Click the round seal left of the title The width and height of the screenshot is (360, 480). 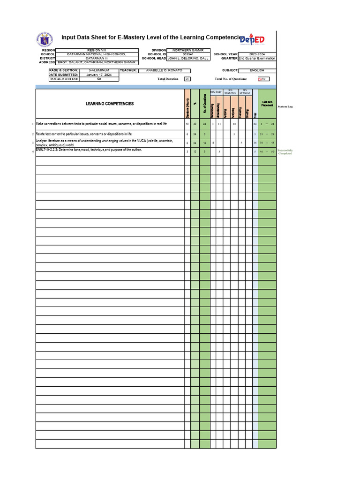coord(45,39)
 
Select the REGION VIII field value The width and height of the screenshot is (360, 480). coord(97,50)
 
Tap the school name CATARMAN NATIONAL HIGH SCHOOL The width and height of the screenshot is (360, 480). coord(97,54)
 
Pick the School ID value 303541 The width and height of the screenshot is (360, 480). coord(188,54)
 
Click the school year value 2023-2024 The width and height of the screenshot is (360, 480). coord(257,54)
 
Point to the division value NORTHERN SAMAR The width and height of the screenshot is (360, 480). coord(188,50)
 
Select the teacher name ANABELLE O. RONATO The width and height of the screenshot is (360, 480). coord(161,70)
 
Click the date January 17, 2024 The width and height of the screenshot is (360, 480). coord(99,75)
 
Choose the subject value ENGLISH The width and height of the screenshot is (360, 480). coord(257,70)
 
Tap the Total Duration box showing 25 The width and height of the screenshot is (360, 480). coord(187,79)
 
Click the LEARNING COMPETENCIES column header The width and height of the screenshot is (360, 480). coord(110,104)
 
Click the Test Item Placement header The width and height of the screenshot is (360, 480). coord(267,104)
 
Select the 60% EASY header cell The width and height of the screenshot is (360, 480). coord(216,92)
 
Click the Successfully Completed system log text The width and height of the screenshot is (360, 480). coord(285,152)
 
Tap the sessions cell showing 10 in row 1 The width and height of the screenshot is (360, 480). coord(187,124)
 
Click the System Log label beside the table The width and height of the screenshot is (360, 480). coord(285,107)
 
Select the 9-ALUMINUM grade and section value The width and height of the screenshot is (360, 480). coord(99,70)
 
